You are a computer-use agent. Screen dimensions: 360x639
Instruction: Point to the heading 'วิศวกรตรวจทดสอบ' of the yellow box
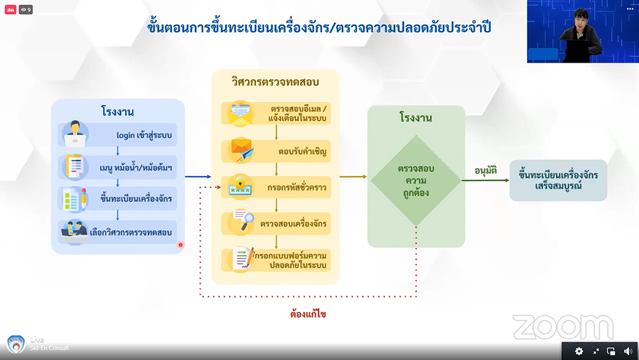[275, 82]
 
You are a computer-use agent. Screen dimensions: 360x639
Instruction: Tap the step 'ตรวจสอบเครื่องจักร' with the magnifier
[293, 223]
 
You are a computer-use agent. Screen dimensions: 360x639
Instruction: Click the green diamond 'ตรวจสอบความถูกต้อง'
[416, 181]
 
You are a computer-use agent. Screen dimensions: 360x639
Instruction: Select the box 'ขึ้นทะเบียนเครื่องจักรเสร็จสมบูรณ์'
[558, 180]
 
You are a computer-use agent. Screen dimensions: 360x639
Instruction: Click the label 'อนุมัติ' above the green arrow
[486, 170]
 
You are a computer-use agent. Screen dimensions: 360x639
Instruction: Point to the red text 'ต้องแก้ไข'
[308, 314]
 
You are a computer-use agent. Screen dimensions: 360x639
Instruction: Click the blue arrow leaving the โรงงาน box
[197, 176]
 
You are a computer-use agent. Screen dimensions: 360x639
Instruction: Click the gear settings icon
[579, 351]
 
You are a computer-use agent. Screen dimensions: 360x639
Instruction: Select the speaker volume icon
[627, 351]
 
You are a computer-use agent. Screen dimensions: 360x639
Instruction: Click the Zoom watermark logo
[562, 327]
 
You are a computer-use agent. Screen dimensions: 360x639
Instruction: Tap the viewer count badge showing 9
[26, 10]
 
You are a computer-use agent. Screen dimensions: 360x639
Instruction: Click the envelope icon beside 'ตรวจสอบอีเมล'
[242, 113]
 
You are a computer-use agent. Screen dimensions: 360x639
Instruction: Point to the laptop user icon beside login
[75, 134]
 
